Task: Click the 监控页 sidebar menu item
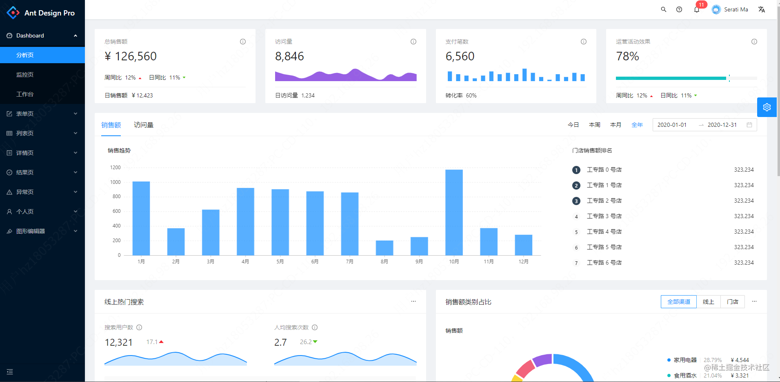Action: click(x=25, y=75)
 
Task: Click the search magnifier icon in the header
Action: click(x=664, y=9)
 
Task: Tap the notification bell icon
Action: click(x=697, y=10)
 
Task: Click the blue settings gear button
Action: click(x=767, y=107)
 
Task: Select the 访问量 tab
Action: click(x=144, y=125)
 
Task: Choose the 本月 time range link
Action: click(x=616, y=125)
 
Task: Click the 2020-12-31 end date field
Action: click(x=722, y=125)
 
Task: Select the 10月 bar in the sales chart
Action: click(x=454, y=212)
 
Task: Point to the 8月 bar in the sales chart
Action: click(x=384, y=248)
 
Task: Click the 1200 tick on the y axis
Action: click(x=116, y=168)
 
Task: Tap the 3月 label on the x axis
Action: click(x=211, y=262)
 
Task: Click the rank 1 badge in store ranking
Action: click(x=576, y=170)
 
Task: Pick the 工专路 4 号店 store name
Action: click(x=604, y=232)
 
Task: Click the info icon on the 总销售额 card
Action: click(x=243, y=42)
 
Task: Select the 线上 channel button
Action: click(x=709, y=302)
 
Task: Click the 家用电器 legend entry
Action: click(x=685, y=360)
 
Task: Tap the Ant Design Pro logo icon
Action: click(x=13, y=13)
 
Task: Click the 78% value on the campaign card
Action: click(x=627, y=56)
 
